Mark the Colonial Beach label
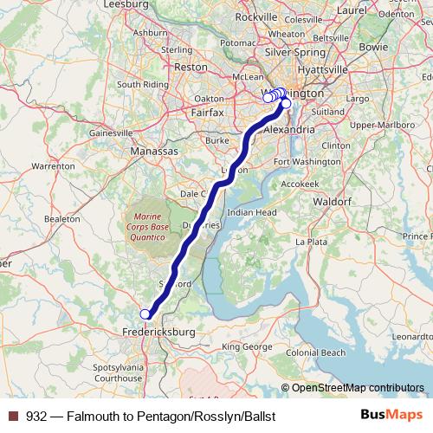(x=316, y=352)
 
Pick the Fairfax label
(x=208, y=112)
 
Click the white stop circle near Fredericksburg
(x=145, y=314)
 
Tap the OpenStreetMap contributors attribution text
(x=357, y=387)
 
